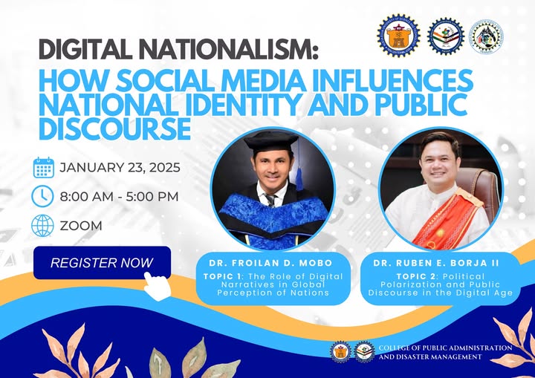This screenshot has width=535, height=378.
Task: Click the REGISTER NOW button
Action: click(x=102, y=262)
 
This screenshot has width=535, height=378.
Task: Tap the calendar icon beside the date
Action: click(x=44, y=168)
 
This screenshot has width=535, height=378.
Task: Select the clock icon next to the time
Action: click(x=42, y=196)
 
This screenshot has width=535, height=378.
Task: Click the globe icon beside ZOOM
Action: click(x=42, y=226)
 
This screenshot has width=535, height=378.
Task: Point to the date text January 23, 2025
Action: click(x=120, y=168)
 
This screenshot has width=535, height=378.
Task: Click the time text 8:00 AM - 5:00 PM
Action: click(x=120, y=197)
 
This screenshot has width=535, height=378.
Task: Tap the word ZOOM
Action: click(x=81, y=226)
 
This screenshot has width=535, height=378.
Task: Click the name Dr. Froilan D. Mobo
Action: click(x=271, y=263)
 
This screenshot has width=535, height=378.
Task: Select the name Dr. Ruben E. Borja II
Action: click(x=436, y=263)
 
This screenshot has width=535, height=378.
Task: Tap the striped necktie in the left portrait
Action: click(x=270, y=200)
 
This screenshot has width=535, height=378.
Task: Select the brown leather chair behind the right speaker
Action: click(x=478, y=186)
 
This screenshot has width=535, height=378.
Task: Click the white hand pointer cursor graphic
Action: click(x=157, y=286)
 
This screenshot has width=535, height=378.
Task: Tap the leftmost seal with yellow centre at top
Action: click(x=399, y=36)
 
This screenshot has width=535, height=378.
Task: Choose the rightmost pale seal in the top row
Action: click(x=486, y=36)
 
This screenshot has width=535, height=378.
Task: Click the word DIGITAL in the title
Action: click(x=85, y=49)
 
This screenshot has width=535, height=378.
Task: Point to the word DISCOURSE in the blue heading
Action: click(x=114, y=128)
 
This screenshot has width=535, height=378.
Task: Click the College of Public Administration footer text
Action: click(x=446, y=353)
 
